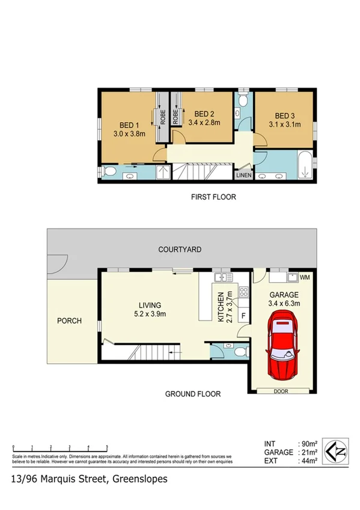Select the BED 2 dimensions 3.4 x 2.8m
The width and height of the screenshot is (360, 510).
[204, 123]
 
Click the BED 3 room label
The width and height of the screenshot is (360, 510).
[285, 115]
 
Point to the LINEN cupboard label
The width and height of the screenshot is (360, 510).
[243, 176]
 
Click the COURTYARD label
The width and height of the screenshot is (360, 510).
[180, 249]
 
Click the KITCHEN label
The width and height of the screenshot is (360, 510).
[221, 307]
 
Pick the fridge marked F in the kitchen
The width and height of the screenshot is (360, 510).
[243, 315]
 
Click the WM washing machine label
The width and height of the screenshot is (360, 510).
[305, 277]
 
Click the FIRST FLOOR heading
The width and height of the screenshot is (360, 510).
[213, 197]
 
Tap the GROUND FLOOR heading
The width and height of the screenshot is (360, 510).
[193, 395]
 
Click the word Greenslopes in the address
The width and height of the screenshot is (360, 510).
[138, 479]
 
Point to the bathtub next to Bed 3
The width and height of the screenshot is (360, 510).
[304, 165]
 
